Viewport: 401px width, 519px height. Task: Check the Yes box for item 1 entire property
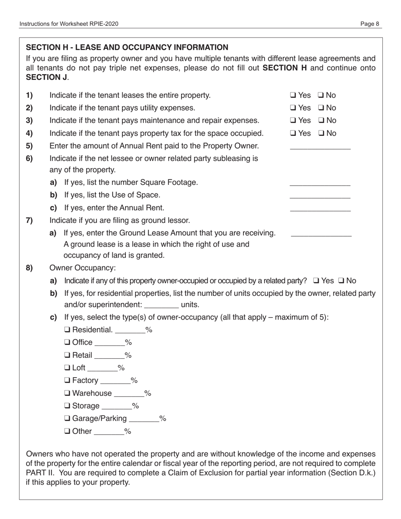point(293,96)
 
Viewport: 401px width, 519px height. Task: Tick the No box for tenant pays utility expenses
point(320,108)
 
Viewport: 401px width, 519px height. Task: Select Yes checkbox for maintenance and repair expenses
point(293,121)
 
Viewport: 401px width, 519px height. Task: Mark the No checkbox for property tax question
point(320,134)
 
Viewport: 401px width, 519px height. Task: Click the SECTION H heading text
point(127,47)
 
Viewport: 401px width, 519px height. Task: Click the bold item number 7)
point(30,221)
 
